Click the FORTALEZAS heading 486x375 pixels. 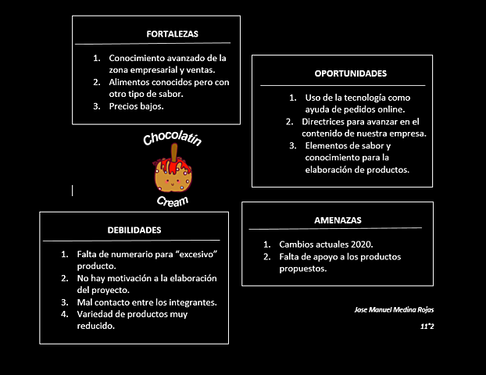point(172,34)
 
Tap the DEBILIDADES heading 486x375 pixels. point(134,230)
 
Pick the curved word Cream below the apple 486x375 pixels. point(172,201)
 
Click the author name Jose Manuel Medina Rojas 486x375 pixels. point(394,310)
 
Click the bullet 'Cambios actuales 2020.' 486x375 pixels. point(326,245)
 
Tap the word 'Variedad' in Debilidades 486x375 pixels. point(95,314)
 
